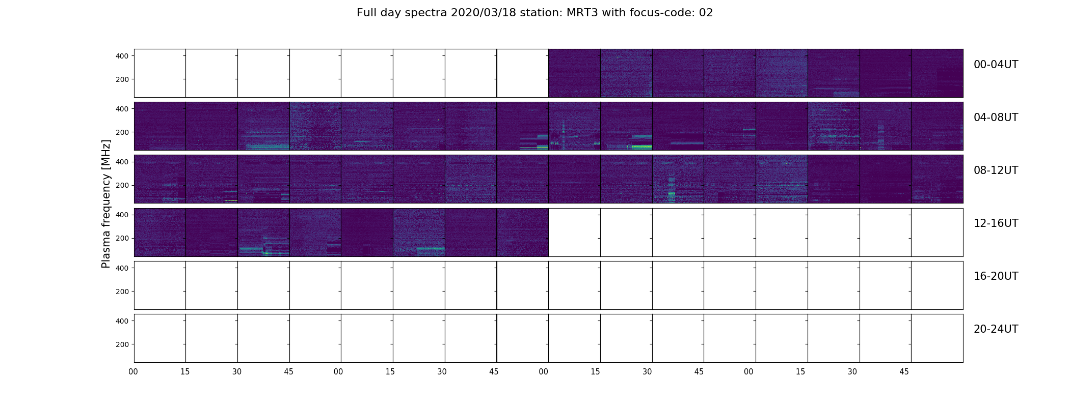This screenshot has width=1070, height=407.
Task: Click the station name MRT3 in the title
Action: (x=583, y=13)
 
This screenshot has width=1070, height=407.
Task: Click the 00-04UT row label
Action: (x=996, y=65)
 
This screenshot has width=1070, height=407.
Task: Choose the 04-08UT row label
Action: (x=996, y=118)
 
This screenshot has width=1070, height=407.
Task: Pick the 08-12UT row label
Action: (x=996, y=170)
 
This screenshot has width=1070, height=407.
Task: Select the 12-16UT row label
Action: (x=996, y=223)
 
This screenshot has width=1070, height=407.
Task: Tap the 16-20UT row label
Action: (x=996, y=276)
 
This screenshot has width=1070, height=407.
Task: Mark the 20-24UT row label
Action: (x=996, y=329)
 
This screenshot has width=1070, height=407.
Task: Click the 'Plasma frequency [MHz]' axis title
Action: (x=106, y=203)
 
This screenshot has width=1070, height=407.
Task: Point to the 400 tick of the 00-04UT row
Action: (x=122, y=56)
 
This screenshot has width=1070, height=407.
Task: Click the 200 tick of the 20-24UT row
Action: (x=122, y=344)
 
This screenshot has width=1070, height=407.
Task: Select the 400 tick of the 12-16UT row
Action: (x=122, y=215)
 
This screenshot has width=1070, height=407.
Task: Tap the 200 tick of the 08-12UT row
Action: (x=122, y=185)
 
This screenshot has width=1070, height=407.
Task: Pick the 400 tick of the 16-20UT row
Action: (x=122, y=268)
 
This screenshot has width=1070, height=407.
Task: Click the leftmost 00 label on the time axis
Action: (x=133, y=372)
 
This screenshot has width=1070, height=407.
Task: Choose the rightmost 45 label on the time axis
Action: (x=904, y=372)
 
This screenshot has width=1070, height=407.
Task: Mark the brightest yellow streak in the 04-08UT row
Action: (x=641, y=147)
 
